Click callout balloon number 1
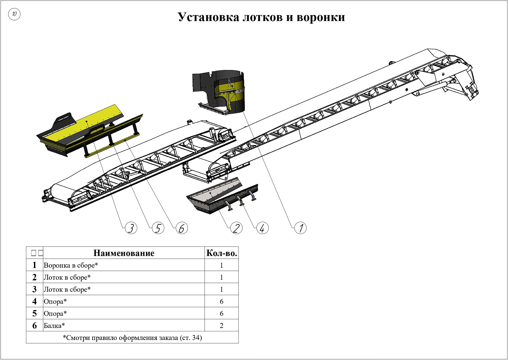(301, 228)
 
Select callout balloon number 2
(237, 228)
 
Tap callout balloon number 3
(131, 228)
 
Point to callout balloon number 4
(262, 228)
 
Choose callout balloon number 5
(158, 228)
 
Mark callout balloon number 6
(182, 228)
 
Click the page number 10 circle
(14, 14)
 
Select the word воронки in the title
(320, 17)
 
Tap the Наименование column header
(124, 253)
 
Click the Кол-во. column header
(222, 253)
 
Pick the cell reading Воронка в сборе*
(71, 265)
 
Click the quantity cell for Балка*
(222, 326)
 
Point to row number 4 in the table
(35, 301)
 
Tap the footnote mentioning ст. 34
(132, 338)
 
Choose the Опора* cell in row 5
(55, 314)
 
